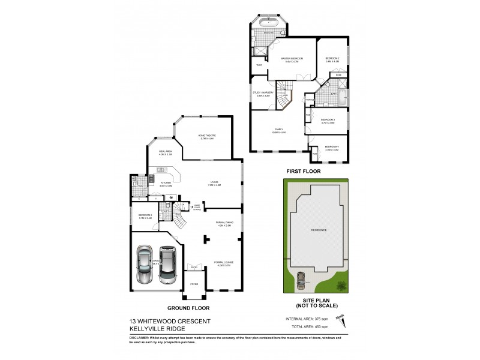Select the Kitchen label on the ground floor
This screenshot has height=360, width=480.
point(166,184)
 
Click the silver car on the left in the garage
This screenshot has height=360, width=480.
point(144,265)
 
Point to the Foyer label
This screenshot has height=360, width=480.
point(194,284)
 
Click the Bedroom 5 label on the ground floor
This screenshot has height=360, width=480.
point(145,216)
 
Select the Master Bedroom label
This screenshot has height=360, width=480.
point(292,59)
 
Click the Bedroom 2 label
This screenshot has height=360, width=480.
point(332,59)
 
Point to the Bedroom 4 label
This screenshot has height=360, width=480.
point(332,148)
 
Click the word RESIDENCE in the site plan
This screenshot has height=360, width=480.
point(317,230)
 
